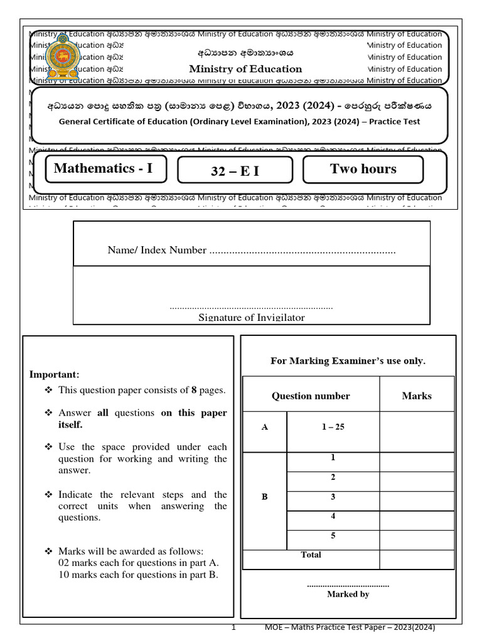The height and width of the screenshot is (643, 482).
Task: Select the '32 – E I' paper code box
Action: (235, 170)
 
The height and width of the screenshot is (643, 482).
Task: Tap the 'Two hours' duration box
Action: (363, 169)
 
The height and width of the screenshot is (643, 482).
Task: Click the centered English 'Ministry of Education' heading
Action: (245, 69)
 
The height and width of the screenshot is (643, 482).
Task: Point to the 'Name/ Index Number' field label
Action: (157, 251)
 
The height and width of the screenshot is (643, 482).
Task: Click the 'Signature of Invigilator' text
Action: (252, 318)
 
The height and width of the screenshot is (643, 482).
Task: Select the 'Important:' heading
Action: (55, 374)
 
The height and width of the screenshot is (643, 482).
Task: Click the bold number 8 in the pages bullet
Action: (194, 390)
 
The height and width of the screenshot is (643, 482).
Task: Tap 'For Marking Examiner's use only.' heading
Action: (348, 360)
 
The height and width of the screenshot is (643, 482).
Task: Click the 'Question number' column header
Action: (311, 396)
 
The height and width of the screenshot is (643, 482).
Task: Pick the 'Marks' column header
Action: (417, 396)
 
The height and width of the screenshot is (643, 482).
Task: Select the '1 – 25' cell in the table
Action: (333, 427)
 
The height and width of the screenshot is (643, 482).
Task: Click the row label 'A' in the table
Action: (264, 427)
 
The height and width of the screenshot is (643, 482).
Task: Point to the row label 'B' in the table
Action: (264, 497)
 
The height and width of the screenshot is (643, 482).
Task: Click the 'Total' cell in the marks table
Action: (311, 555)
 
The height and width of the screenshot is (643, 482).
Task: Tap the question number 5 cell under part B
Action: (333, 536)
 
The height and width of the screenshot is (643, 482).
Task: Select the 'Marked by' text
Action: (348, 594)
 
